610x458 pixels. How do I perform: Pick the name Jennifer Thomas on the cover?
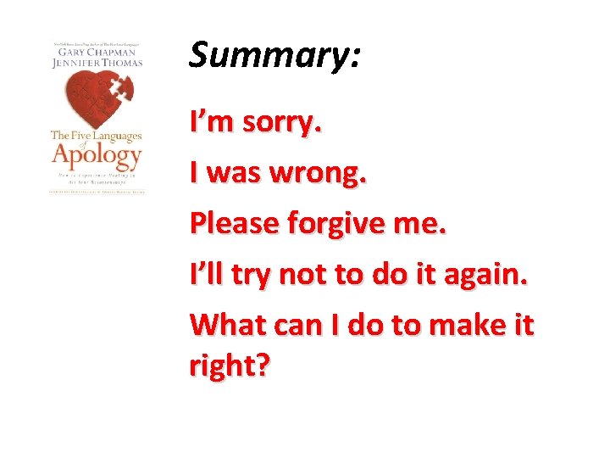pyautogui.click(x=97, y=62)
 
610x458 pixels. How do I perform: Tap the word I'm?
pyautogui.click(x=212, y=124)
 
